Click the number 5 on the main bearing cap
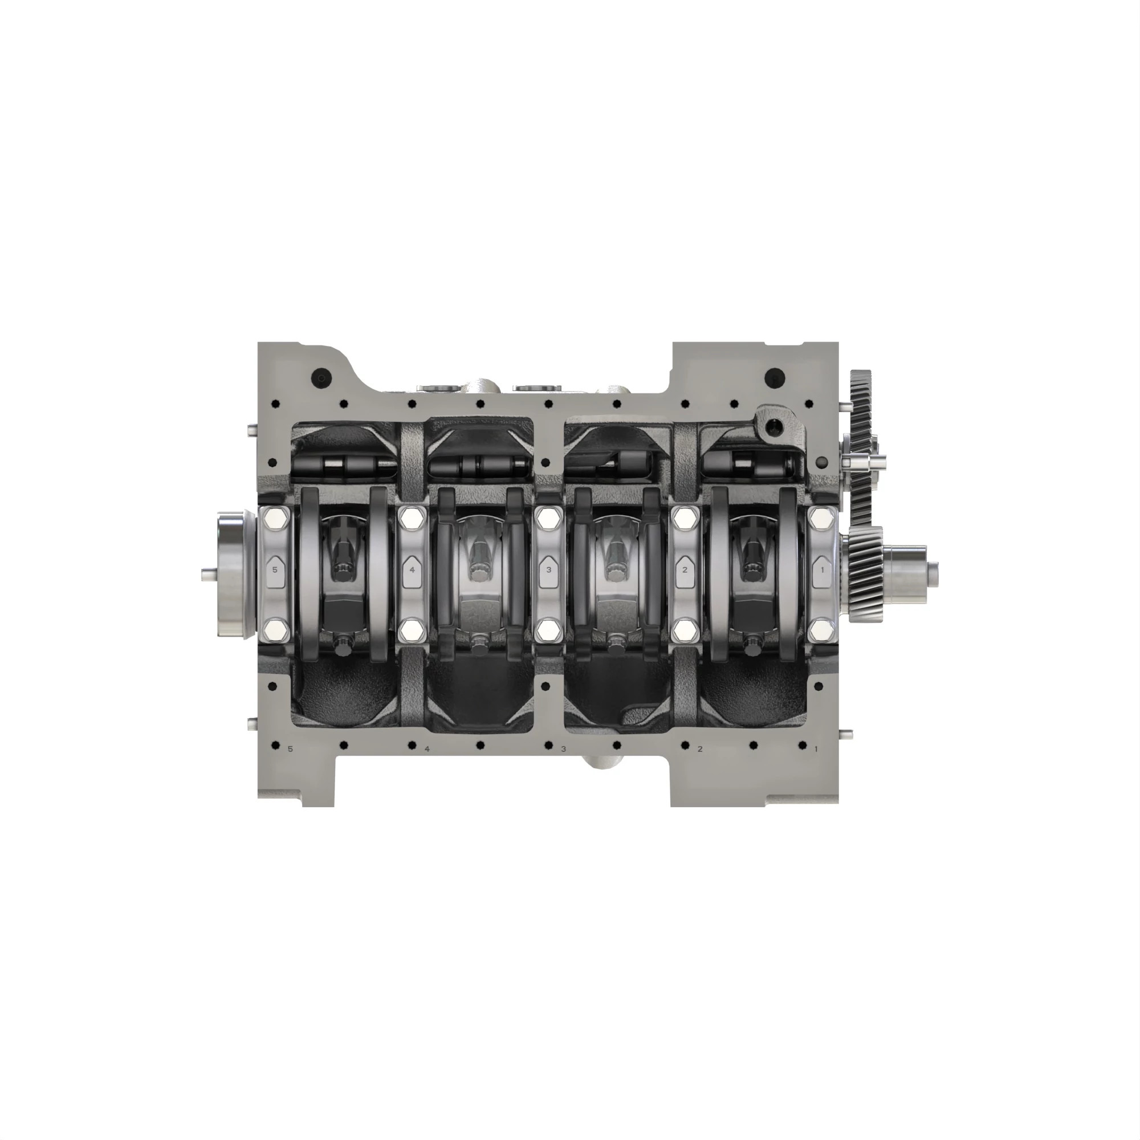(x=274, y=570)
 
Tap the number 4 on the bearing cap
(x=412, y=570)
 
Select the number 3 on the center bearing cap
(x=549, y=570)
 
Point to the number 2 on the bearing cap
(x=685, y=570)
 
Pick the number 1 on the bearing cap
(x=823, y=570)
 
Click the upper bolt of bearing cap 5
(x=275, y=519)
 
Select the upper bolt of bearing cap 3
(x=549, y=519)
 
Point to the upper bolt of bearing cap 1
(x=823, y=519)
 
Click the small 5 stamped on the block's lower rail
(x=290, y=749)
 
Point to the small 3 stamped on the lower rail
(x=563, y=749)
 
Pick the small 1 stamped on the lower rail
(x=816, y=749)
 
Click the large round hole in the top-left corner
(x=321, y=375)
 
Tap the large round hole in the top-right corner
(x=774, y=375)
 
